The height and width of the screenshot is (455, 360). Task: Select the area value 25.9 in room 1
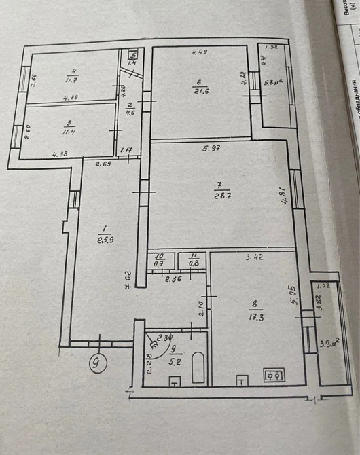click(104, 239)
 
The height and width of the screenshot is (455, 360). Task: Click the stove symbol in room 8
click(274, 375)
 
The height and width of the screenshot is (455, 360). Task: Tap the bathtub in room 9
click(198, 368)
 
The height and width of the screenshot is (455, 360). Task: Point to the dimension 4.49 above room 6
click(199, 52)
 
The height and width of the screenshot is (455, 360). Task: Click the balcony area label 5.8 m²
click(274, 84)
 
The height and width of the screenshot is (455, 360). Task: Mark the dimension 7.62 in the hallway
click(128, 279)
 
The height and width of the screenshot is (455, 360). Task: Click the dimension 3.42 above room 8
click(255, 257)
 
